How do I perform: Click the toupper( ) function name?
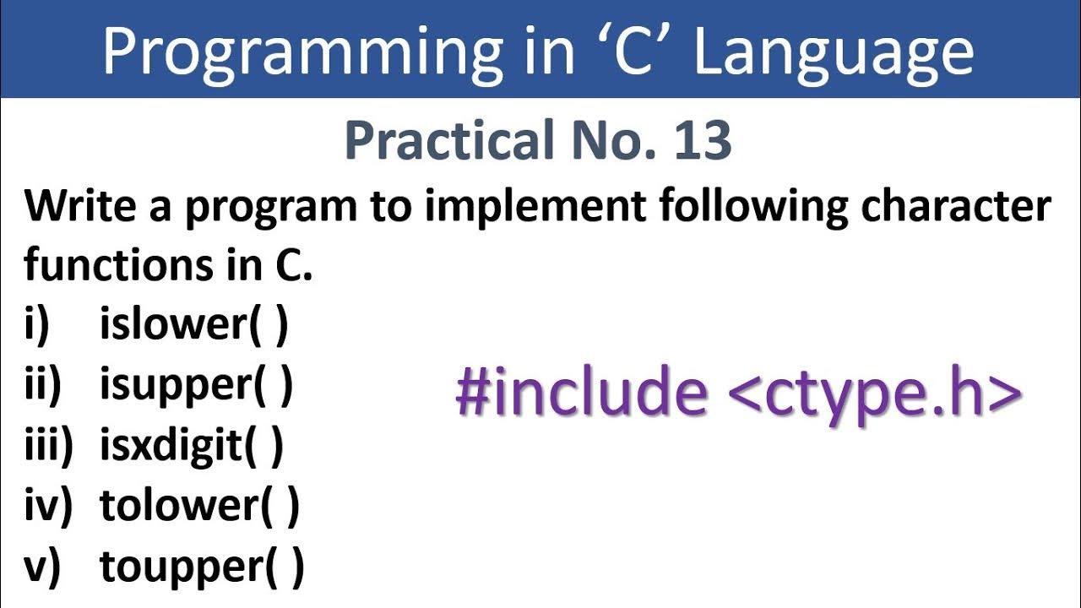[x=202, y=567]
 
